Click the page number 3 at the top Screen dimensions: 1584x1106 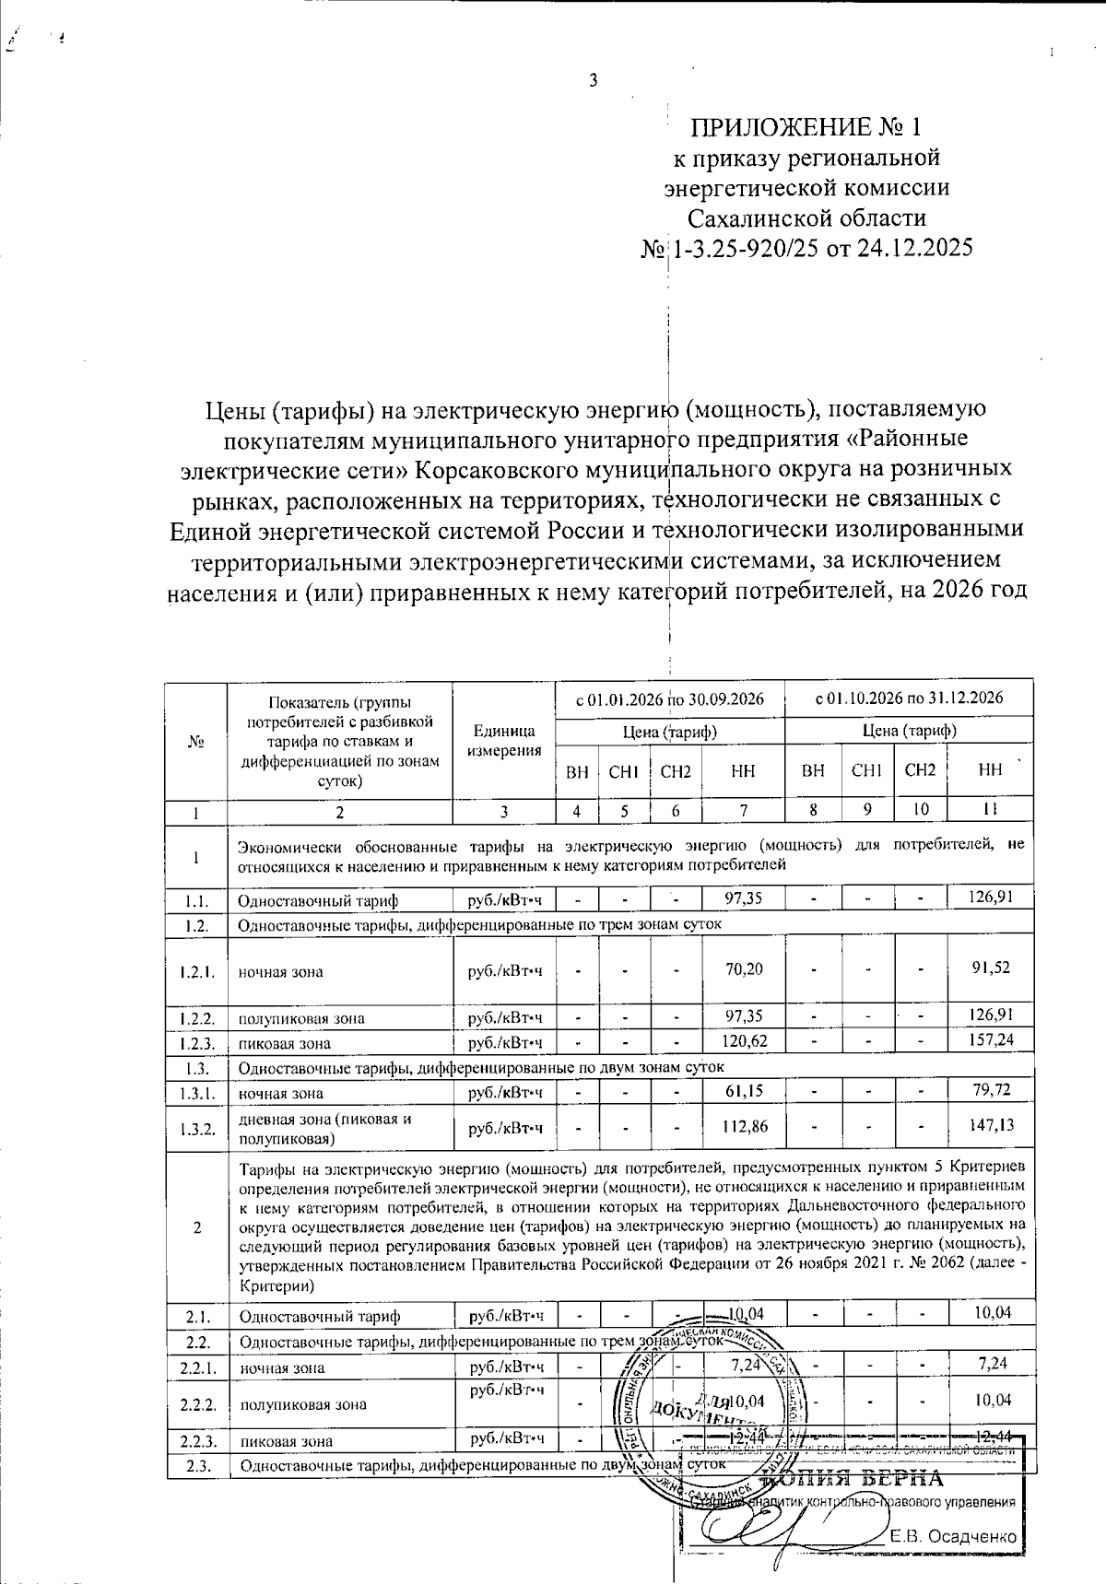(x=594, y=80)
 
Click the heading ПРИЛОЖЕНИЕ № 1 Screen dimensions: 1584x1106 (x=806, y=126)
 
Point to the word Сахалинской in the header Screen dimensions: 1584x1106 (x=806, y=218)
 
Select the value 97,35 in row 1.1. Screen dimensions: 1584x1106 (x=744, y=898)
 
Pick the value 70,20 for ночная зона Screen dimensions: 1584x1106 (x=744, y=969)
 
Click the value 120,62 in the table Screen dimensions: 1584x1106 (x=744, y=1042)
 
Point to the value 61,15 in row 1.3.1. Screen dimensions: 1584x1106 (x=744, y=1092)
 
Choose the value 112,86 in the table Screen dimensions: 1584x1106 (x=744, y=1127)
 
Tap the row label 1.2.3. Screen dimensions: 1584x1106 (x=197, y=1043)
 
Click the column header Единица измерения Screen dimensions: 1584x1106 (x=504, y=740)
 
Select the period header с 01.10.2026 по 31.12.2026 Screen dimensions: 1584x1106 (x=909, y=698)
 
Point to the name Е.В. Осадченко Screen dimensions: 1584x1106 (x=954, y=1537)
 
